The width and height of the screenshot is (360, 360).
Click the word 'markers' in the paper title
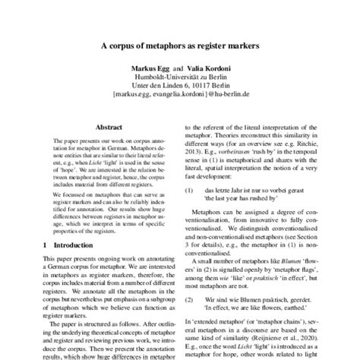click(x=242, y=45)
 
